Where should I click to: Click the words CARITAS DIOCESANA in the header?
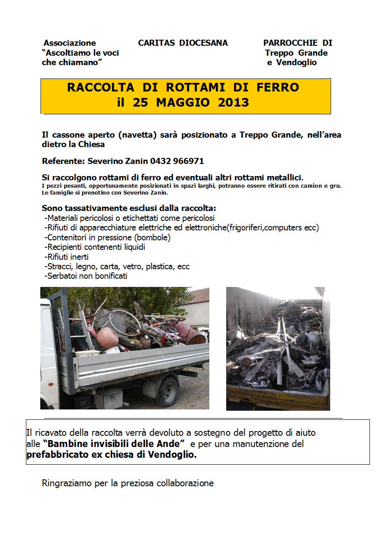coord(183,43)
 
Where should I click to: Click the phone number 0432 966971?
coord(177,161)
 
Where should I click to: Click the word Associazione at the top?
coord(70,43)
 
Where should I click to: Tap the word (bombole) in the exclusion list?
coord(152,238)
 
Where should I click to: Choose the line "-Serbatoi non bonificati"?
coord(86,276)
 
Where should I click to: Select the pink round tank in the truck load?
coord(107,337)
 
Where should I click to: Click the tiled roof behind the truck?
coord(199,296)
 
